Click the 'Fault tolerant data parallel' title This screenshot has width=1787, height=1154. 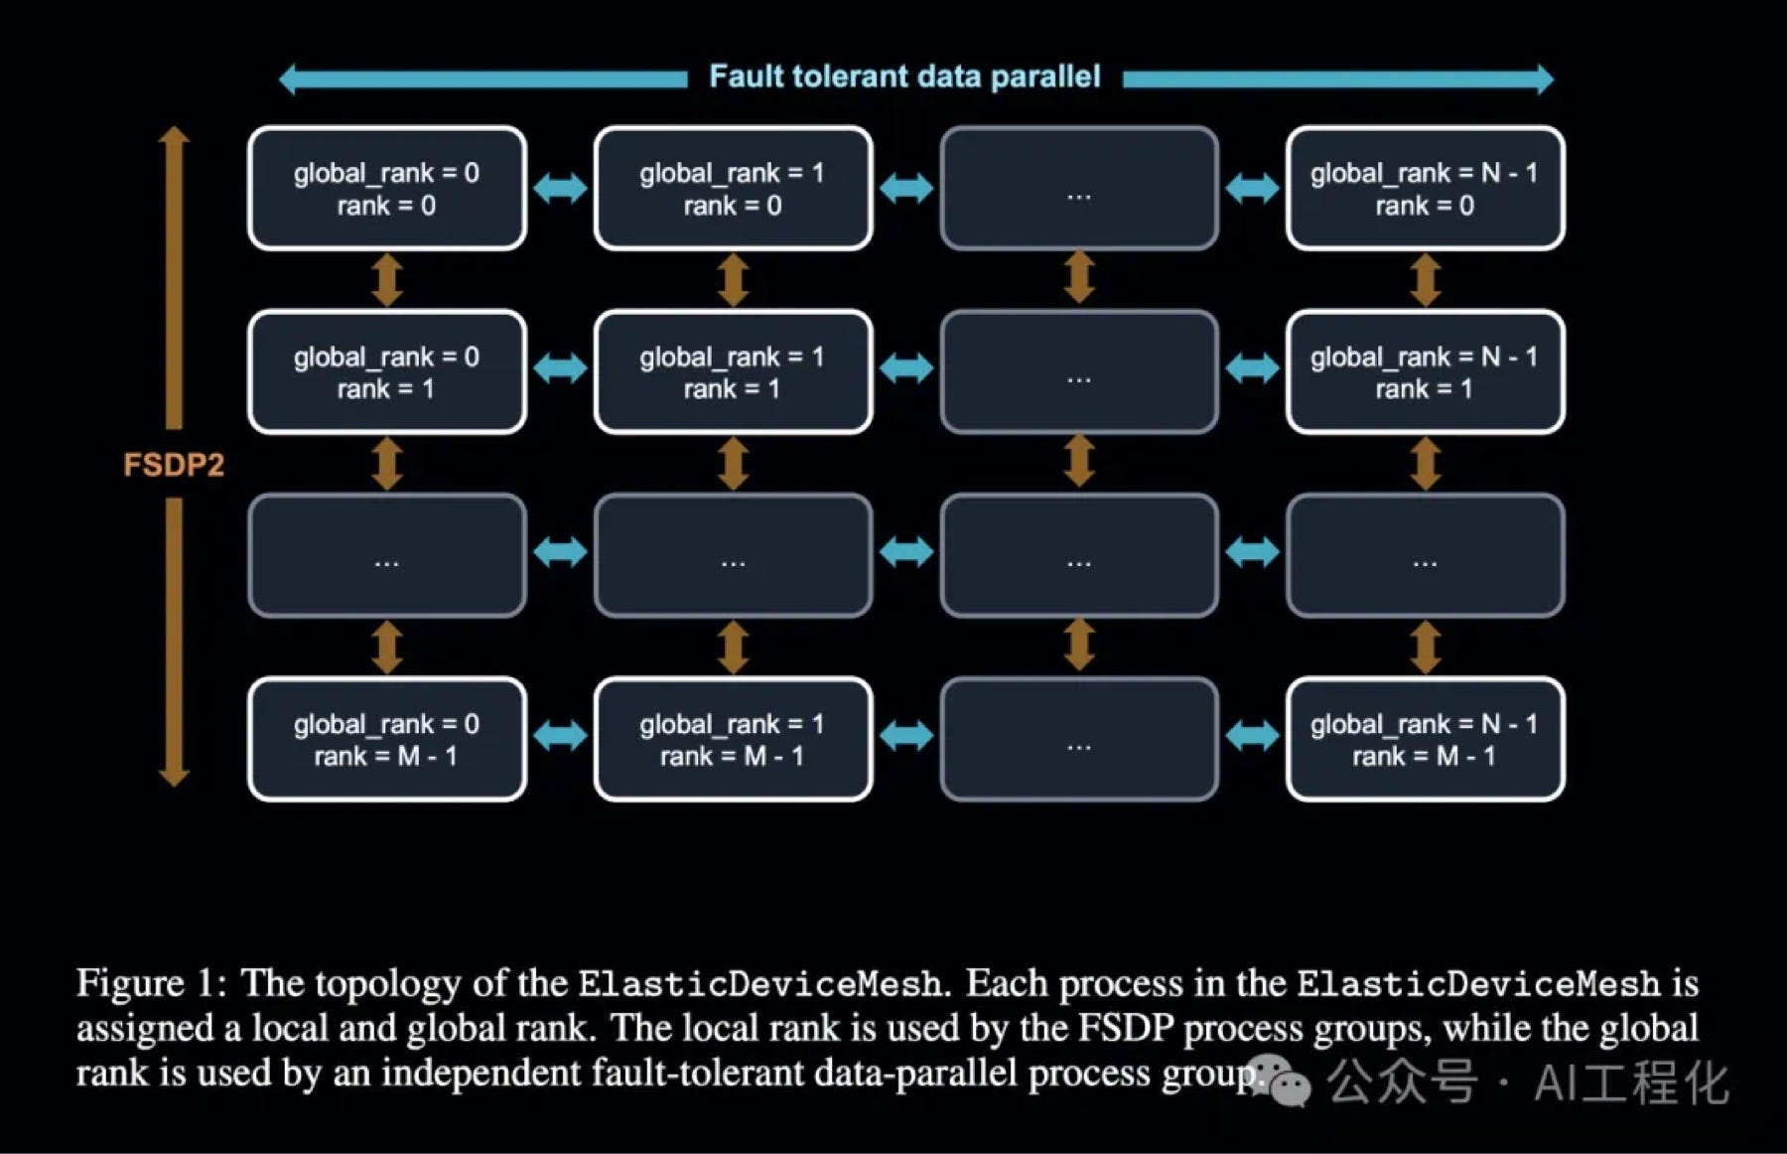click(x=904, y=76)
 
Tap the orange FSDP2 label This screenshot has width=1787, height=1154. click(x=174, y=464)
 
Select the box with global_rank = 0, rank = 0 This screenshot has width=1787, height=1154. click(x=387, y=189)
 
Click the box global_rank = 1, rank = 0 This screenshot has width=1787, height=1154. click(x=733, y=189)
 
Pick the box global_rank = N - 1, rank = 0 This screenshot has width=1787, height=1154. click(x=1425, y=189)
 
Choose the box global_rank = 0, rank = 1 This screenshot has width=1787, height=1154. click(x=387, y=372)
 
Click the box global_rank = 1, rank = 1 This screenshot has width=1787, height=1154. click(x=733, y=372)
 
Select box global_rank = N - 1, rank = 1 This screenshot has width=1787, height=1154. click(x=1425, y=372)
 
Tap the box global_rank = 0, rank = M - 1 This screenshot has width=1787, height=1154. click(x=387, y=740)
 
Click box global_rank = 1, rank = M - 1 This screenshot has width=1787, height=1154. click(x=733, y=740)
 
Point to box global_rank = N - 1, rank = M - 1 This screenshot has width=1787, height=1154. click(x=1425, y=740)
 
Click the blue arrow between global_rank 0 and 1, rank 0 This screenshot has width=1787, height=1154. click(x=560, y=188)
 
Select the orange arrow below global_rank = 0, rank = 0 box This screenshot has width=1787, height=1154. click(x=387, y=280)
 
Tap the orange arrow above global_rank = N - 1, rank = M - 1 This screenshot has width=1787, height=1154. click(x=1426, y=647)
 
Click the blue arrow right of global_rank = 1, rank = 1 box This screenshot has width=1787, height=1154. click(x=906, y=368)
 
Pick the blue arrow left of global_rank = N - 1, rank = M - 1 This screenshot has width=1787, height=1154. click(x=1252, y=736)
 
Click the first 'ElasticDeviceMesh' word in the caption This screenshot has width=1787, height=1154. click(x=759, y=984)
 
